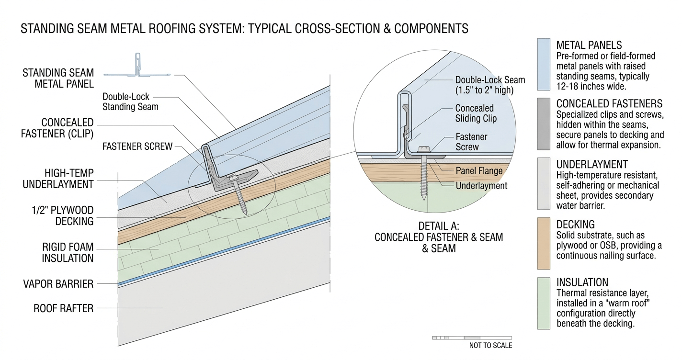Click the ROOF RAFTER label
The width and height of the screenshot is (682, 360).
click(x=63, y=308)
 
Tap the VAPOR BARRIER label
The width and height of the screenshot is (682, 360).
click(x=58, y=284)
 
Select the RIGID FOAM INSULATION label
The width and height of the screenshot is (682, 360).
click(x=68, y=253)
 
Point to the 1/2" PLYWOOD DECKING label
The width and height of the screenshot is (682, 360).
click(x=62, y=216)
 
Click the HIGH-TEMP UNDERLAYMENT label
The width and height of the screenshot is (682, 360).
click(x=58, y=179)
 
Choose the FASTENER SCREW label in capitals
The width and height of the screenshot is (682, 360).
click(x=137, y=146)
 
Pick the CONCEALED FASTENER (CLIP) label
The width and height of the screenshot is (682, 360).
click(x=57, y=128)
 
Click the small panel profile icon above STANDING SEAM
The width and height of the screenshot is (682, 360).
click(x=137, y=65)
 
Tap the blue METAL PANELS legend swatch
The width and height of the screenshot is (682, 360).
click(x=544, y=64)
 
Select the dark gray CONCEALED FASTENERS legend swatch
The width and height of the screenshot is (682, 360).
click(x=544, y=124)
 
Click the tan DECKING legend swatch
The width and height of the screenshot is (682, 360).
click(x=544, y=244)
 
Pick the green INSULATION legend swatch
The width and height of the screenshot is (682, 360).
click(x=544, y=303)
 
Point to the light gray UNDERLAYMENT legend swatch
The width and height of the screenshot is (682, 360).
click(x=544, y=183)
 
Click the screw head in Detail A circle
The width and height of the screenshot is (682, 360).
click(x=424, y=149)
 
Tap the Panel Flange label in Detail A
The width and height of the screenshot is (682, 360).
click(x=479, y=171)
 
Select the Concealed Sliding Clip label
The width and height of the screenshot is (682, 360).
click(x=476, y=113)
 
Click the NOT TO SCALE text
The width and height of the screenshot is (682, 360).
click(x=490, y=345)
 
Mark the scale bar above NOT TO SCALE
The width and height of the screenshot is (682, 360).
click(x=472, y=338)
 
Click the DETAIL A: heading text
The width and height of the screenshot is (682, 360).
click(x=439, y=226)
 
